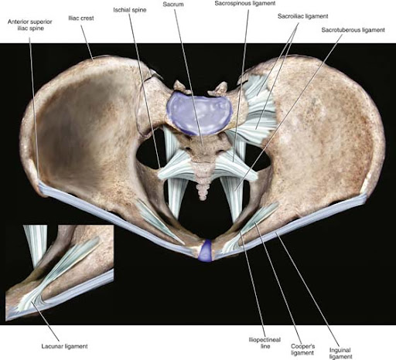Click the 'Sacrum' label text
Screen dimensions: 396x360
pos(173,5)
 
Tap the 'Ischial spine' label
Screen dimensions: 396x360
pos(130,10)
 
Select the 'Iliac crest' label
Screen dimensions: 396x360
pos(81,19)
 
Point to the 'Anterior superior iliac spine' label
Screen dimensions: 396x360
pos(30,25)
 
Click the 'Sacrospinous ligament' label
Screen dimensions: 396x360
pos(245,3)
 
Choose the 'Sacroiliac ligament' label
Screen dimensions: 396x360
pos(302,16)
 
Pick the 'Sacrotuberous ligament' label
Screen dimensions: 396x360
pos(353,30)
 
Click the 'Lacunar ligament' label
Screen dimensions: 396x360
pos(64,346)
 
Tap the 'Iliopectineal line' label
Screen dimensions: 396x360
pos(265,343)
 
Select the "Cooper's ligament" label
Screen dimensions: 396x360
pos(302,349)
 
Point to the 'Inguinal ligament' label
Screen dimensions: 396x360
pos(340,353)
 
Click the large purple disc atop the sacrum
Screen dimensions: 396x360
pos(200,113)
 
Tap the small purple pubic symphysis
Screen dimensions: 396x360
pos(206,250)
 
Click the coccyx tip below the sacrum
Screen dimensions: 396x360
pos(203,198)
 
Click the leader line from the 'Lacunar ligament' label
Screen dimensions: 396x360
pos(46,322)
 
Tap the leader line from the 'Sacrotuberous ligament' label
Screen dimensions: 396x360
pos(289,112)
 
